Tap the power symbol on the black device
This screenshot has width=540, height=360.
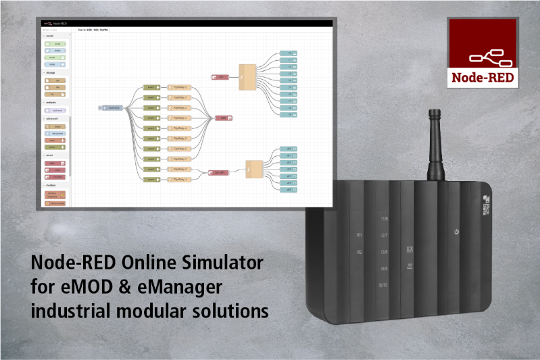457,232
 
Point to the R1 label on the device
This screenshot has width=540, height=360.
360,235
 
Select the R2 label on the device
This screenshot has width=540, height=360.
360,252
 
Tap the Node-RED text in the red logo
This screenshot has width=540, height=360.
483,77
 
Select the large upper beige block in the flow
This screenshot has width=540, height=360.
248,74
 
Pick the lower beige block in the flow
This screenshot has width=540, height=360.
254,169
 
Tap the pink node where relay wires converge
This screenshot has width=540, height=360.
223,118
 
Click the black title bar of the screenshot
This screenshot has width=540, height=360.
186,23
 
